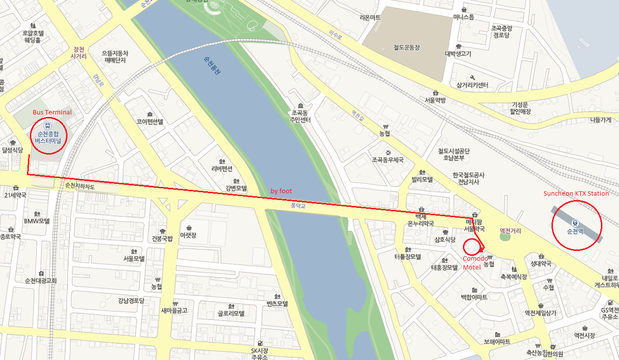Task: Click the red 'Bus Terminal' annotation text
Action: click(x=52, y=112)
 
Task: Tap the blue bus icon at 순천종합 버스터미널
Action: click(x=46, y=125)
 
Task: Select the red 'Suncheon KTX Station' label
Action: click(x=576, y=194)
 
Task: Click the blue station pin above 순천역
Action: click(x=575, y=222)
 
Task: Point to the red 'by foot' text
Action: click(x=281, y=191)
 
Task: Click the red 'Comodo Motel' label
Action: click(x=475, y=262)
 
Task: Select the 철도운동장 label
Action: click(x=407, y=47)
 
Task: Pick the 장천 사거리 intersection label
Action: click(x=78, y=53)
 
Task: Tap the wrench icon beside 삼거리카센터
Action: click(x=472, y=78)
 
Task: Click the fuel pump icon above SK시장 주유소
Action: click(x=260, y=343)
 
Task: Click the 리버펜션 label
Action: click(x=223, y=168)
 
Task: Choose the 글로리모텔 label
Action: click(x=231, y=313)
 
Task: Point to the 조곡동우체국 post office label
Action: click(x=388, y=160)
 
